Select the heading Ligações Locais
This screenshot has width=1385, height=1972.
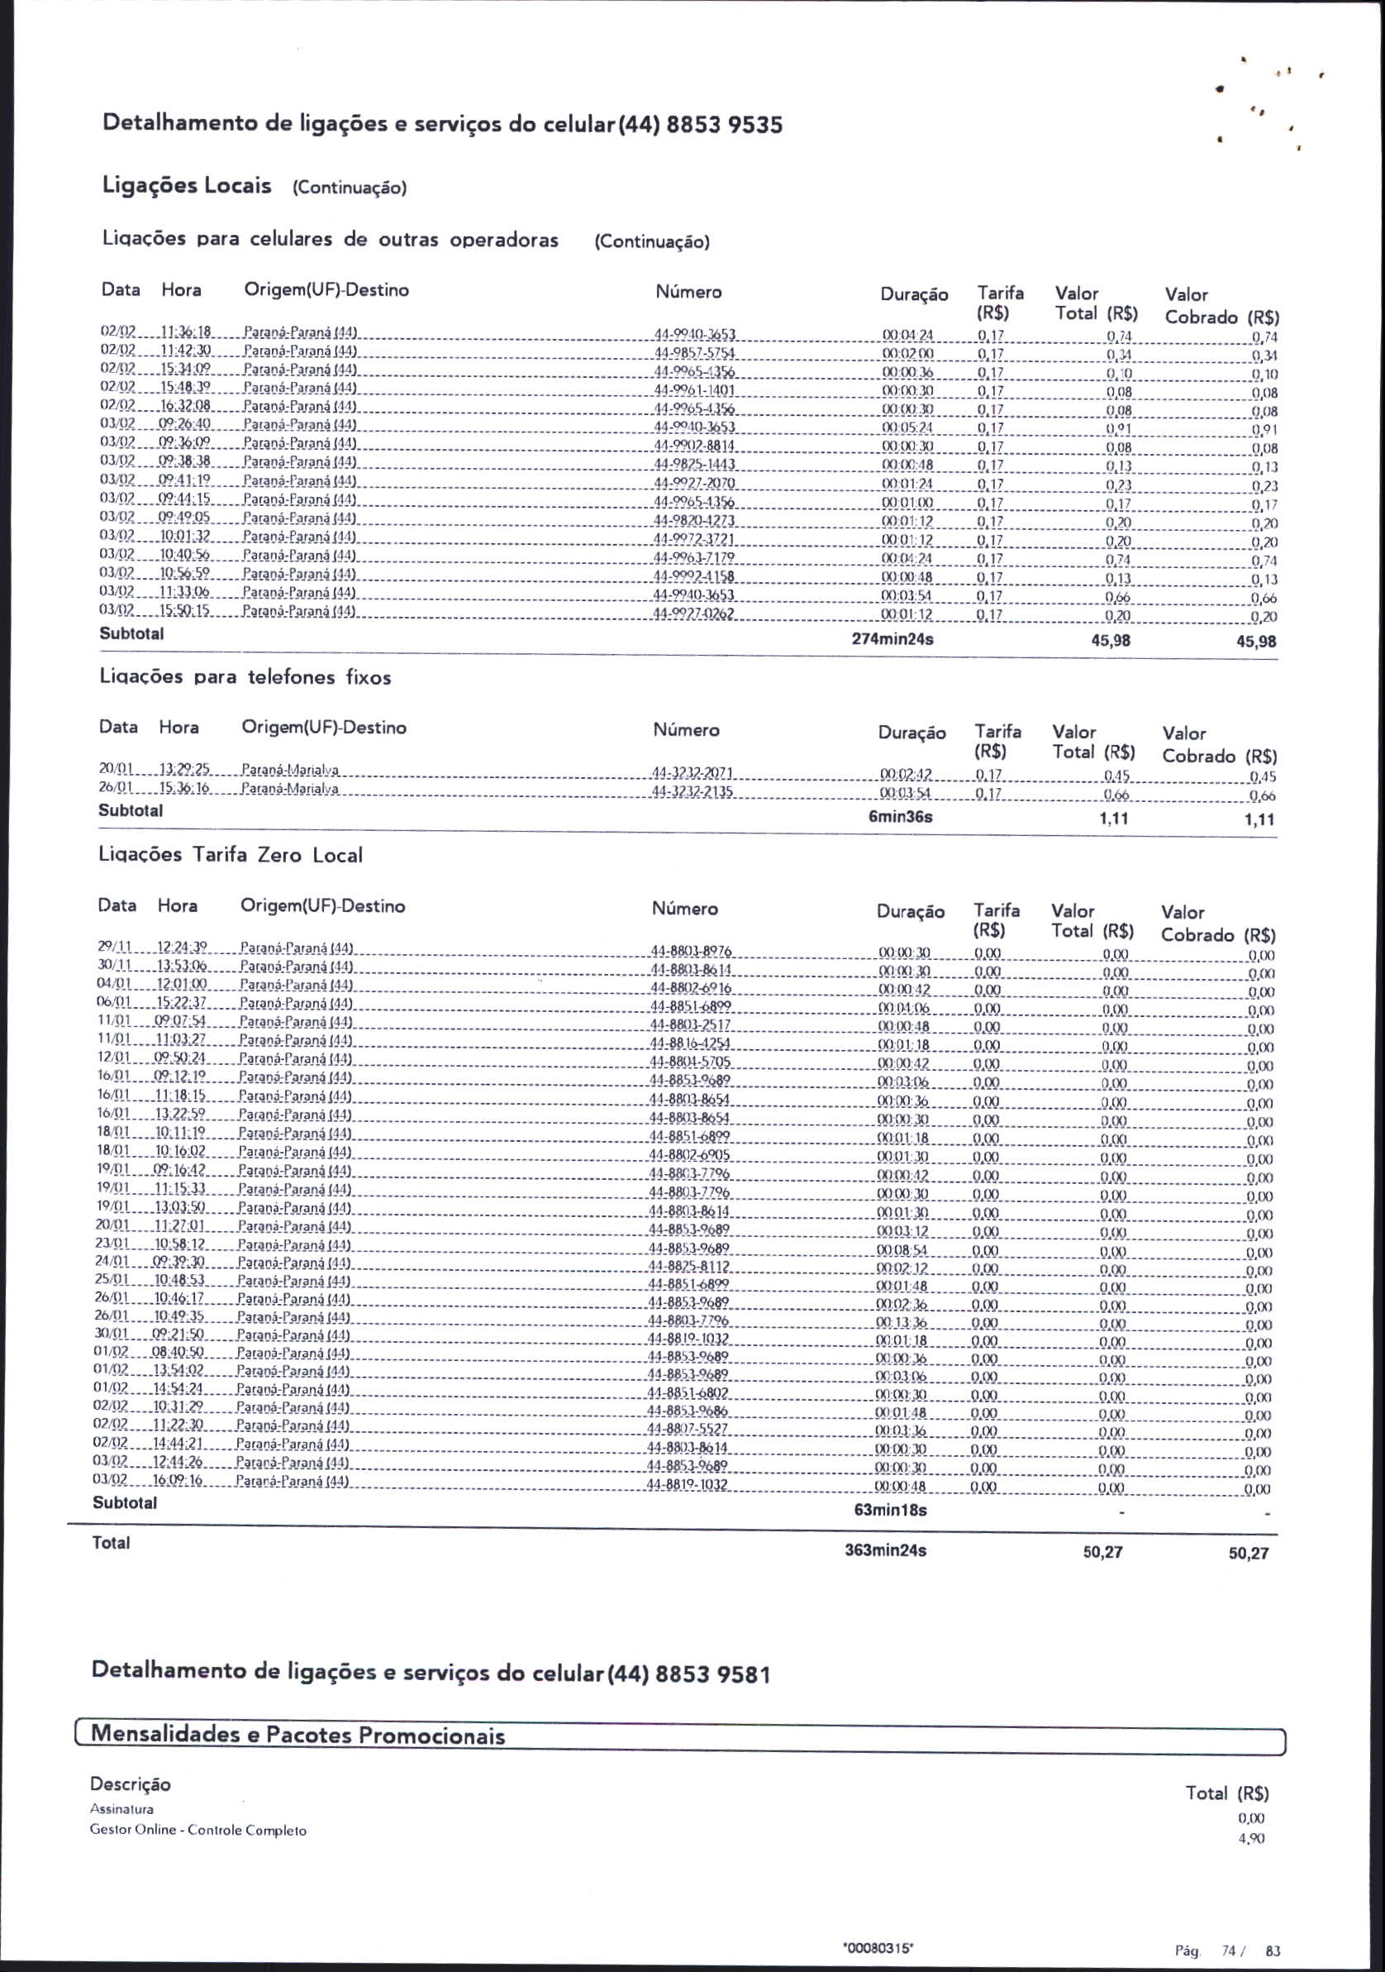pos(188,185)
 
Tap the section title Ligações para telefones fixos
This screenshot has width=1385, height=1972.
pos(245,677)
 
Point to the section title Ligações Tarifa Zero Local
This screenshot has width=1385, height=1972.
pos(231,855)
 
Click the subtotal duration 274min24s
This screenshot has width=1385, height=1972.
pos(893,640)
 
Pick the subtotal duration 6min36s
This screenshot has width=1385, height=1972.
pos(900,817)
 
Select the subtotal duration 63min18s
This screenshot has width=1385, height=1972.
pos(891,1509)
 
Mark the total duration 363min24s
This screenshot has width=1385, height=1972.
pos(886,1550)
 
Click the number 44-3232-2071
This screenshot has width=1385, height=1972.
pos(693,773)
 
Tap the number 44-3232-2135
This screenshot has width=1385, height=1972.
pos(693,791)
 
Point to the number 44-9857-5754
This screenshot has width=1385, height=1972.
pos(696,353)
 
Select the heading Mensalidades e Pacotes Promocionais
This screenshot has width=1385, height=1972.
pos(299,1734)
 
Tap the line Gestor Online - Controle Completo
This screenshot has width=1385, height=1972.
pos(198,1831)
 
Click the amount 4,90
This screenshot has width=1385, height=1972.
pos(1251,1838)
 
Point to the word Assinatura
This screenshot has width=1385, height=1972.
pos(122,1809)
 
